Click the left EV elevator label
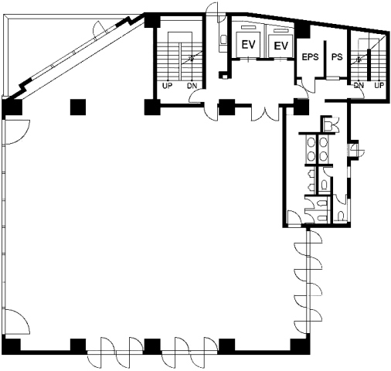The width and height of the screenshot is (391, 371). [249, 45]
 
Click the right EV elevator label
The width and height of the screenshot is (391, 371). [280, 46]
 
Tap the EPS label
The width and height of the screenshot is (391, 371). [311, 57]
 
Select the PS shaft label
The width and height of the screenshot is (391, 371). [337, 57]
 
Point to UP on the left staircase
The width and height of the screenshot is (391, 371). [167, 86]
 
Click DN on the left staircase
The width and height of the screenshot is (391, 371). [192, 86]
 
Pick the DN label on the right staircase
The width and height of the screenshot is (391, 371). [359, 85]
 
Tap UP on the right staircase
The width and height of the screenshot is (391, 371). [379, 85]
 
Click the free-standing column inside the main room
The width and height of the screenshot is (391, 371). [78, 107]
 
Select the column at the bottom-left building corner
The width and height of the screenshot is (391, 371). [12, 344]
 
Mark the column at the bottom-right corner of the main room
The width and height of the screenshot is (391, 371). [300, 345]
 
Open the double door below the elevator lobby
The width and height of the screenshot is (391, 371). [266, 113]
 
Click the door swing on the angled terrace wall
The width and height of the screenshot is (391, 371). [100, 28]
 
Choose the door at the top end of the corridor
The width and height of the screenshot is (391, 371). [213, 10]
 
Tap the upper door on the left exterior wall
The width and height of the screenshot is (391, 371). [17, 132]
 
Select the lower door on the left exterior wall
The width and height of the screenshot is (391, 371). [17, 322]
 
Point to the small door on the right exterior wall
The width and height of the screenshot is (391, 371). [356, 151]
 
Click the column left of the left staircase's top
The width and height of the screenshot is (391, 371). [152, 20]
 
